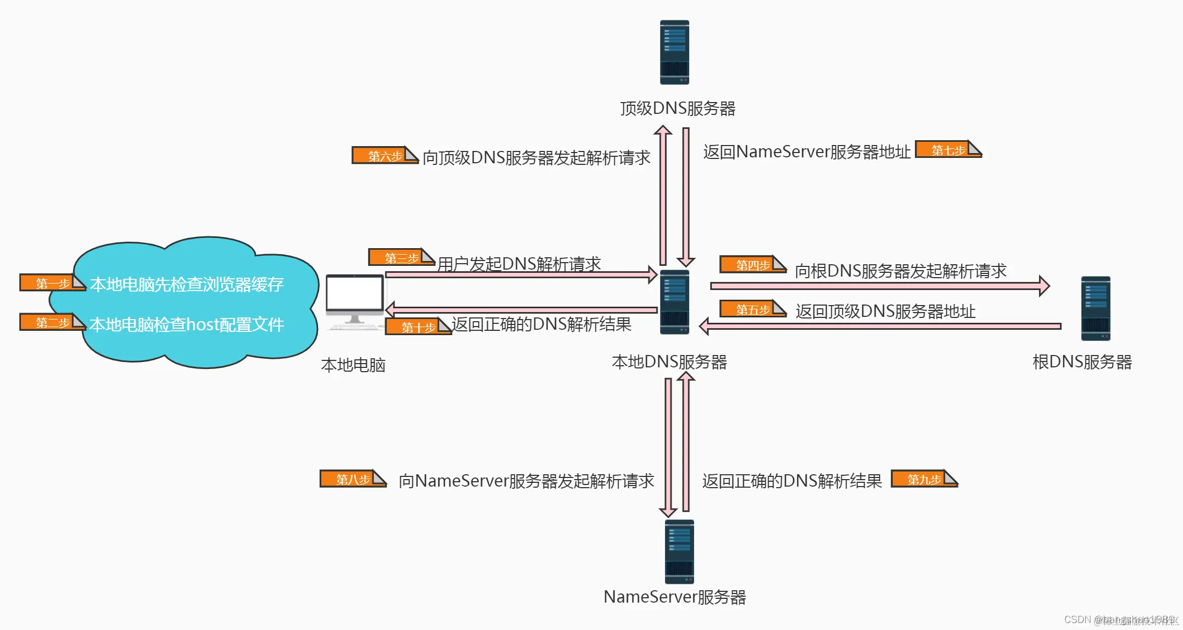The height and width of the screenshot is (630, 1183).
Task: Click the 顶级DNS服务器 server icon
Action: point(674,52)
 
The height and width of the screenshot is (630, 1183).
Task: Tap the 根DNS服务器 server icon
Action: point(1095,308)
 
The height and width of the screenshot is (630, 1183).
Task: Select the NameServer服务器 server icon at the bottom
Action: point(679,552)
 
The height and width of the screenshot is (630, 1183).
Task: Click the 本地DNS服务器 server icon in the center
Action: point(674,302)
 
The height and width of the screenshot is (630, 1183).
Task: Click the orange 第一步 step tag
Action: point(52,283)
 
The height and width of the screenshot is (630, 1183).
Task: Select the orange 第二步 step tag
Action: point(52,322)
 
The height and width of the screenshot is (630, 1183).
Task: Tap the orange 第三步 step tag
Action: point(401,257)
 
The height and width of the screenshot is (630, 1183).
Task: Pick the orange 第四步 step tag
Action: point(752,264)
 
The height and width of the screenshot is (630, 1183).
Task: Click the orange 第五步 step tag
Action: point(752,309)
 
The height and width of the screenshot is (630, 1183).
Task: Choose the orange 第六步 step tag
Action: point(384,155)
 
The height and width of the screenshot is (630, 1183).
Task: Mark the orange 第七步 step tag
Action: point(948,149)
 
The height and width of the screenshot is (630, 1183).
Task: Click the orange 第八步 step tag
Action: point(352,479)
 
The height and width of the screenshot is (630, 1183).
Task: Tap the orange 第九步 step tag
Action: point(924,479)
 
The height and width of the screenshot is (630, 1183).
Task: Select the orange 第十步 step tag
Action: point(417,327)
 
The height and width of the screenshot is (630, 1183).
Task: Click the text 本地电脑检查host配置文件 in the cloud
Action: point(186,324)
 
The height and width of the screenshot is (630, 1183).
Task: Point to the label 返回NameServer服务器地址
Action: point(806,152)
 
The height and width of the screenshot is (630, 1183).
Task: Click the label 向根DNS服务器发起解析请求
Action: point(900,271)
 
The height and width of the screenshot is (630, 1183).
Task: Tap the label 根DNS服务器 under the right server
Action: point(1081,362)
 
